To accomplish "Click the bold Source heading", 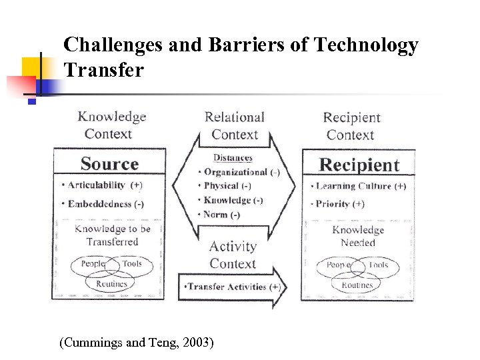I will (x=109, y=164).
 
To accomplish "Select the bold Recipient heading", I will (x=359, y=165).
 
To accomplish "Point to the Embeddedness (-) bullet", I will (x=105, y=204).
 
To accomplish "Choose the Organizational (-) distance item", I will (x=241, y=172).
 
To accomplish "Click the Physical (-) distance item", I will (x=227, y=186).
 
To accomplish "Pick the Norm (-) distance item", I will (x=221, y=215).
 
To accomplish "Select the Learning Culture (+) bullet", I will (x=360, y=186).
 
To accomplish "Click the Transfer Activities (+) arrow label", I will (x=232, y=287).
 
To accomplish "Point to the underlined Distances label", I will (x=233, y=158).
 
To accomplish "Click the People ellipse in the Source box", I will (x=93, y=265).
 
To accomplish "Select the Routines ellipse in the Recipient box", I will (x=357, y=285).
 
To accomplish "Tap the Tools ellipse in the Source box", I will (x=131, y=265).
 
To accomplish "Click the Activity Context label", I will (x=233, y=255).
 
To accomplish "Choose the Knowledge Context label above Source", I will (x=111, y=125).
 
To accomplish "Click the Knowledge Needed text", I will (x=358, y=236).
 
